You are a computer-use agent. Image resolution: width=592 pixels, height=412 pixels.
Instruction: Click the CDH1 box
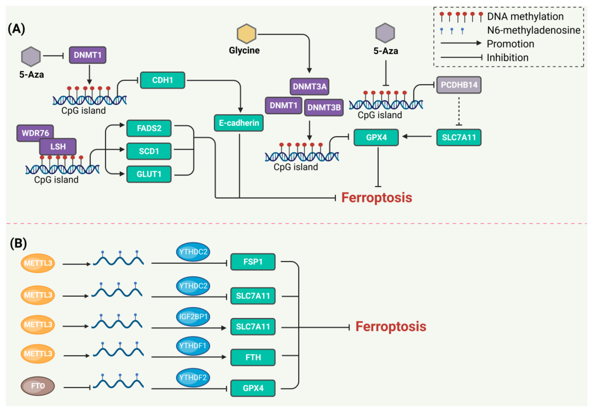162,80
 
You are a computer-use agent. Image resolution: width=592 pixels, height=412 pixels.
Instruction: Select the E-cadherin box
239,123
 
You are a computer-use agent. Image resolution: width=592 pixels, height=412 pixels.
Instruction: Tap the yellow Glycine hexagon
246,34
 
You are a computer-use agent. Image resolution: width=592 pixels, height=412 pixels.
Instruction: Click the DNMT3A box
309,86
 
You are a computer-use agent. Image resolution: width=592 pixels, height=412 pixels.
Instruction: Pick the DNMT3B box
324,107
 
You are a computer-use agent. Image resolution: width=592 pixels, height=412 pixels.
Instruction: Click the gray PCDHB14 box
459,85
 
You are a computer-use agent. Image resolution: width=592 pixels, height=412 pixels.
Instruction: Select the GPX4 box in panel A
376,137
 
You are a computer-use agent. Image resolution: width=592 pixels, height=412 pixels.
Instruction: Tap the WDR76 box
35,133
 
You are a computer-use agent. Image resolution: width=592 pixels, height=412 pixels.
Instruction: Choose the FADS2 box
149,128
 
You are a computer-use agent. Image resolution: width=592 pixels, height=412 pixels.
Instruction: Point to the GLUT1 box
149,174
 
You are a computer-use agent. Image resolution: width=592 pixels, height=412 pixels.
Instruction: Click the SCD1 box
149,151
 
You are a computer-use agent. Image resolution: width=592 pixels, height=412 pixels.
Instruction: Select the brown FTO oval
38,386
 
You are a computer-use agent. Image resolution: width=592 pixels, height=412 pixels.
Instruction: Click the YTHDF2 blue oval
193,377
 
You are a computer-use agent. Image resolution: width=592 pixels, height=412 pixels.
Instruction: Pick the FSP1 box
253,262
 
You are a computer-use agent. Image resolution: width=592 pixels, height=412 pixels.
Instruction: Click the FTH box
253,357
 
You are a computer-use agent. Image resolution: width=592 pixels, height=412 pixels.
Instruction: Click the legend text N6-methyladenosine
533,30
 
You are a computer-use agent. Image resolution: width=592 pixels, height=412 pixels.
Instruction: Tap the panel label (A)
17,29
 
